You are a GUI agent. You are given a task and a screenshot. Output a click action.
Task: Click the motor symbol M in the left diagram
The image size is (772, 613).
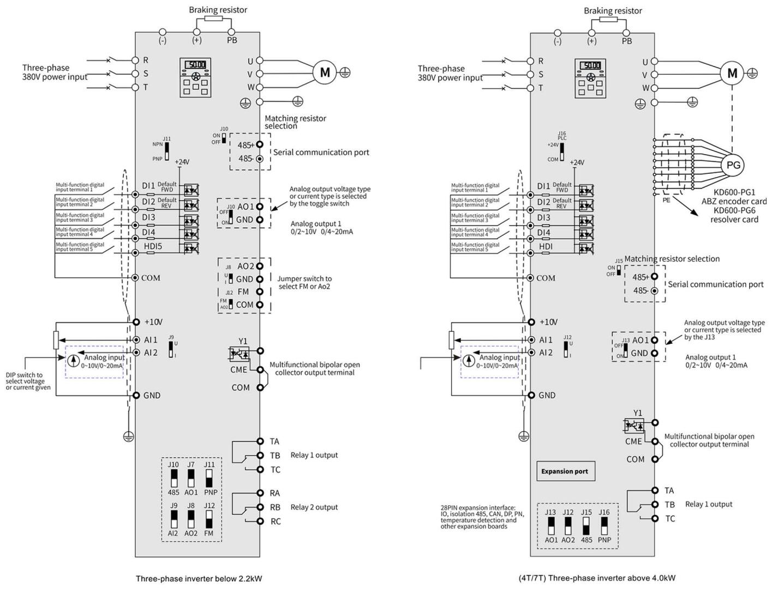325,72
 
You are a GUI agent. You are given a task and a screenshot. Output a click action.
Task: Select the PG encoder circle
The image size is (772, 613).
733,165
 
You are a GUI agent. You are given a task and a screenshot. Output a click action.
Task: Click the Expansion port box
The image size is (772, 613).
565,471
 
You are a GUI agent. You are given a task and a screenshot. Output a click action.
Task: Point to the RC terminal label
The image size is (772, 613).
276,521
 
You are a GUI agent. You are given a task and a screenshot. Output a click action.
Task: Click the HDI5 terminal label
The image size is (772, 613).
152,247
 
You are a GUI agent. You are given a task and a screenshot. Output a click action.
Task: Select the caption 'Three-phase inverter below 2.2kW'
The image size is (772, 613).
199,578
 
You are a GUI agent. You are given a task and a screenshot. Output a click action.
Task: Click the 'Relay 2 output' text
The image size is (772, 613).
314,507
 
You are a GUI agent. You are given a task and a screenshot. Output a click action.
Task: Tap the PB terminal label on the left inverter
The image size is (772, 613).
231,41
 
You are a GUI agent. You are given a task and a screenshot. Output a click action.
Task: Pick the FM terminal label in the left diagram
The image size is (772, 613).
243,292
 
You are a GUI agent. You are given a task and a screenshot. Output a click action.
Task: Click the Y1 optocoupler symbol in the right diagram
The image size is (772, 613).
634,424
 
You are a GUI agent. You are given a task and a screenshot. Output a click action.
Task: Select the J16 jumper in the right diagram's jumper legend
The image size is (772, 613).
604,526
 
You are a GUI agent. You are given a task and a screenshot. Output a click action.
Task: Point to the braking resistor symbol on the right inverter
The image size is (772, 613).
608,19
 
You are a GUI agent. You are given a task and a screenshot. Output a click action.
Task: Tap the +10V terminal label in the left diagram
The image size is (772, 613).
153,322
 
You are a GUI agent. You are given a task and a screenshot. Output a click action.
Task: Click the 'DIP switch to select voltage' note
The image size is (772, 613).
28,381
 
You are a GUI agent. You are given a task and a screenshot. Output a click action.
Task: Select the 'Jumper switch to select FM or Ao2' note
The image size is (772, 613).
304,282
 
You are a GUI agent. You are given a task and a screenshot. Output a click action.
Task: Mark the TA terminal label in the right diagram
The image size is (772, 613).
669,491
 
